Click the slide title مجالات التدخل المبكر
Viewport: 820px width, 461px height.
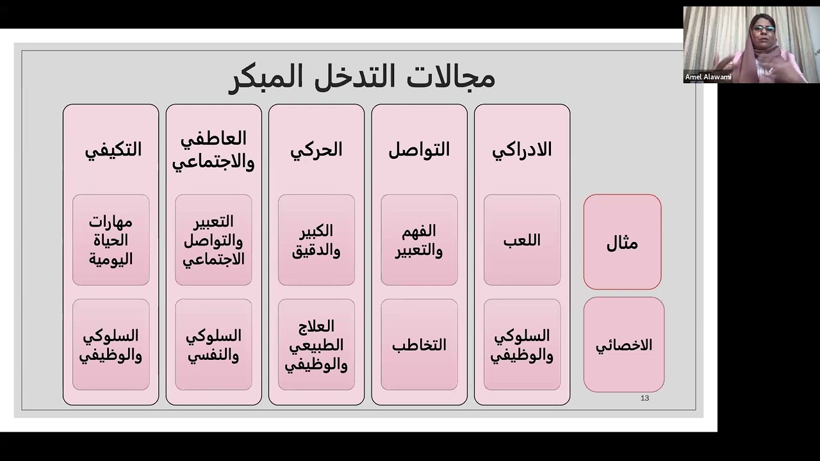coord(361,76)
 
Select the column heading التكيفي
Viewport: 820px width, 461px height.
coord(113,150)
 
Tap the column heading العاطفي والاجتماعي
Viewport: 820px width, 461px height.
coord(213,150)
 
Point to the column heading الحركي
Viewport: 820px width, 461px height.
coord(316,150)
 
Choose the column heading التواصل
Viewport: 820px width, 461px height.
coord(419,150)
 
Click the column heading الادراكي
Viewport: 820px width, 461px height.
coord(521,150)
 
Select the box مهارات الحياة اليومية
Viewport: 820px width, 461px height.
coord(111,240)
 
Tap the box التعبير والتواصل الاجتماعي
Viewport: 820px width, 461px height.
coord(213,240)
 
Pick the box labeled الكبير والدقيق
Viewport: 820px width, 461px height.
coord(316,240)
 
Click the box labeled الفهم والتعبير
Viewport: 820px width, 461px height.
coord(419,240)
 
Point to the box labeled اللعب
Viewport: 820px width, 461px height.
coord(521,240)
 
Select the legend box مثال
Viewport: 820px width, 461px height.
coord(622,242)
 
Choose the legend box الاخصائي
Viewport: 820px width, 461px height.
coord(624,345)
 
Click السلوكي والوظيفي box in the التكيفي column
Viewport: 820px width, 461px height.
coord(111,345)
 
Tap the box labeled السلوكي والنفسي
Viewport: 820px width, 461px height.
coord(213,345)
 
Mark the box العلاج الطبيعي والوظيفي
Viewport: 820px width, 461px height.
coord(316,345)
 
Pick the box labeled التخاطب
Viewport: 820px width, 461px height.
coord(419,345)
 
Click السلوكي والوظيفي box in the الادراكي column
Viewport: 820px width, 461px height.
coord(521,345)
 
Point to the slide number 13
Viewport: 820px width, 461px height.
coord(644,398)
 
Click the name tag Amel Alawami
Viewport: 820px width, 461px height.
coord(708,77)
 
